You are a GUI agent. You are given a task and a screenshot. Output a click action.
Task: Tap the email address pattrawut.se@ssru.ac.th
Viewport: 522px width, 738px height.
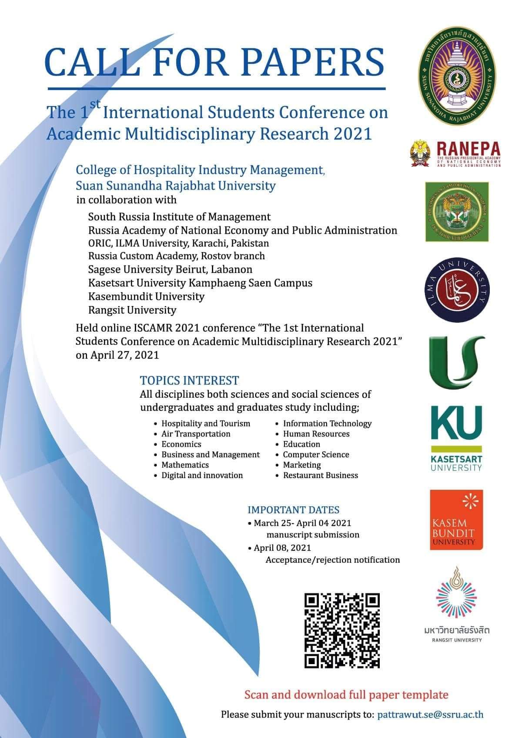[430, 714]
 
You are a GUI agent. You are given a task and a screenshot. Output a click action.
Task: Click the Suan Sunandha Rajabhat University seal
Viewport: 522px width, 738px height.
[456, 81]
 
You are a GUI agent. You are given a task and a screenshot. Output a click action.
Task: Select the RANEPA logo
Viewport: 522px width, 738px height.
[455, 155]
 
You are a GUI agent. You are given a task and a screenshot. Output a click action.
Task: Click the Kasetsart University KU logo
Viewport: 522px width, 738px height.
[456, 438]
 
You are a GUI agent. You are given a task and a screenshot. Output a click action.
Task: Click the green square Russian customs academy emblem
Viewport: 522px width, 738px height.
[456, 211]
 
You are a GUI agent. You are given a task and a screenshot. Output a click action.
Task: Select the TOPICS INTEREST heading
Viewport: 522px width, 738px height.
[189, 381]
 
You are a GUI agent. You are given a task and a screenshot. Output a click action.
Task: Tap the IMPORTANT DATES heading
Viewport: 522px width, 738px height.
[293, 510]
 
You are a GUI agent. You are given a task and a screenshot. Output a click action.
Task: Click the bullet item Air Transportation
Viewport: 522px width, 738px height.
[196, 434]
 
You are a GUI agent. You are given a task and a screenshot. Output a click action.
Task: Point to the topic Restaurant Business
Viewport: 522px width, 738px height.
[321, 475]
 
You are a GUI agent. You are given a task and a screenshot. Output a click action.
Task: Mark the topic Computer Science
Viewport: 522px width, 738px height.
[316, 455]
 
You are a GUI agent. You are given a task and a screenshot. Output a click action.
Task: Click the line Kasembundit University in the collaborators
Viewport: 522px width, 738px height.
[146, 297]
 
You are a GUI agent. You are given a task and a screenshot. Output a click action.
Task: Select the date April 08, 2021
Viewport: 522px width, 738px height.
[282, 548]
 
